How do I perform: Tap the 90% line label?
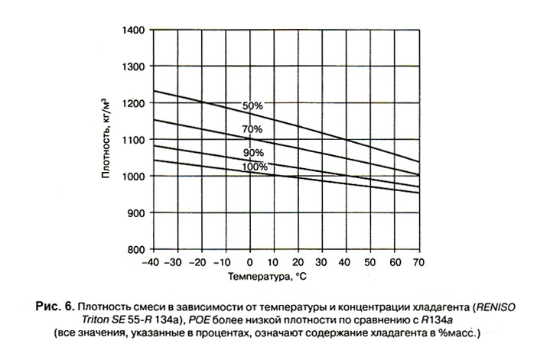[x=253, y=153]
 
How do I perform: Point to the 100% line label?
[x=255, y=166]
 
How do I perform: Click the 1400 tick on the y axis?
[x=134, y=30]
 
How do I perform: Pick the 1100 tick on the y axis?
[x=134, y=140]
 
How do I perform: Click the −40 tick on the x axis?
[x=151, y=261]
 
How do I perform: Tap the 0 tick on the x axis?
[x=250, y=261]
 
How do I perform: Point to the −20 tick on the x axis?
[x=200, y=261]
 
